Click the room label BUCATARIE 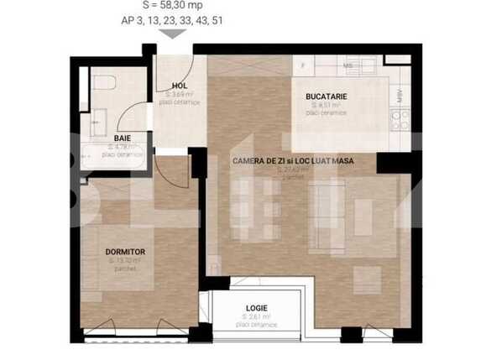326,97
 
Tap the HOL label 179,86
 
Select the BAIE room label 123,138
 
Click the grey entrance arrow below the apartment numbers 173,34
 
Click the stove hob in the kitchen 401,119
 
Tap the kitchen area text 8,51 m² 325,106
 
